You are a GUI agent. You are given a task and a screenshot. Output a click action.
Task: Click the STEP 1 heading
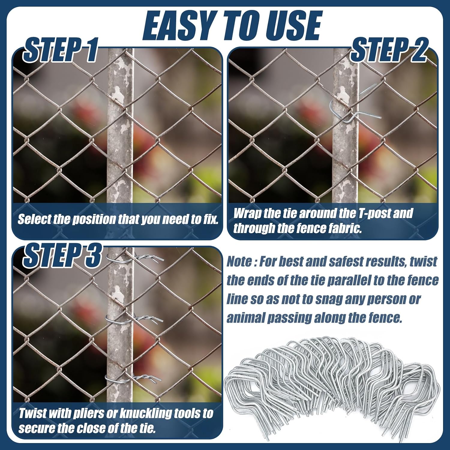click(x=61, y=50)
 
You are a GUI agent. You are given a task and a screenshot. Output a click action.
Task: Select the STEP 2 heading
click(x=389, y=50)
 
